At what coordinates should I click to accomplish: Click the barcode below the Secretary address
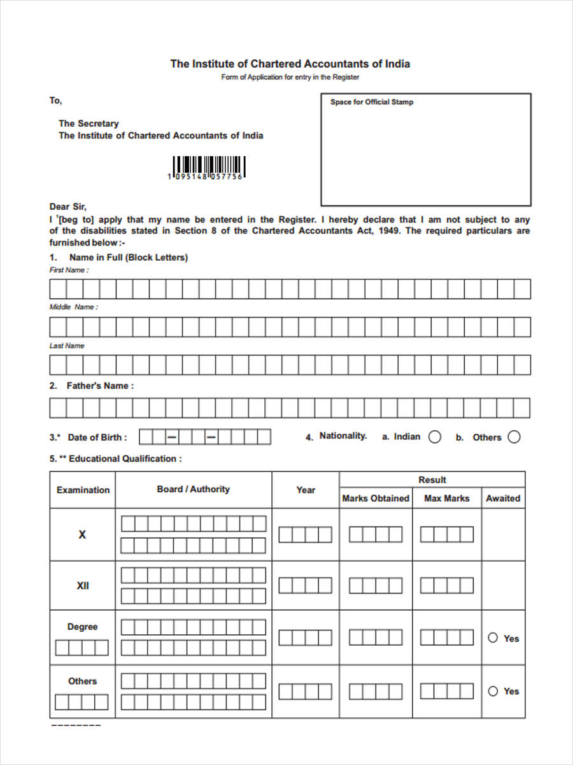[208, 166]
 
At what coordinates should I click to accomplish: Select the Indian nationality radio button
[435, 437]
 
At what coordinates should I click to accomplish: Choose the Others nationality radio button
[514, 437]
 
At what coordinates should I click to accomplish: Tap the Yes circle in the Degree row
[493, 637]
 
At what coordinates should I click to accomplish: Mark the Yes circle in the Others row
[493, 690]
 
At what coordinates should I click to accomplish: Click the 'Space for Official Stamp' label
[371, 102]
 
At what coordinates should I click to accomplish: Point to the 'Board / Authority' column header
[193, 489]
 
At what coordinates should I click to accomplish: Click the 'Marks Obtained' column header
[376, 499]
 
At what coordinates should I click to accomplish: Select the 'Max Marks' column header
[446, 499]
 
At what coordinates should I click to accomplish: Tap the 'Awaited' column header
[503, 499]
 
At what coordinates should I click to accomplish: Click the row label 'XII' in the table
[83, 585]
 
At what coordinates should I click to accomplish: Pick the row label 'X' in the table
[82, 535]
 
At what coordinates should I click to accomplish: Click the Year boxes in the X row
[306, 535]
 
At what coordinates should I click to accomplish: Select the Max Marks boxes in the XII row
[446, 585]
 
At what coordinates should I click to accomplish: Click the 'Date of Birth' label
[97, 437]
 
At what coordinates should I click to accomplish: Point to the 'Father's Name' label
[100, 386]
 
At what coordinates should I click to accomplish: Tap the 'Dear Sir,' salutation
[67, 207]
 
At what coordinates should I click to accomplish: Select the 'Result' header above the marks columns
[432, 479]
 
